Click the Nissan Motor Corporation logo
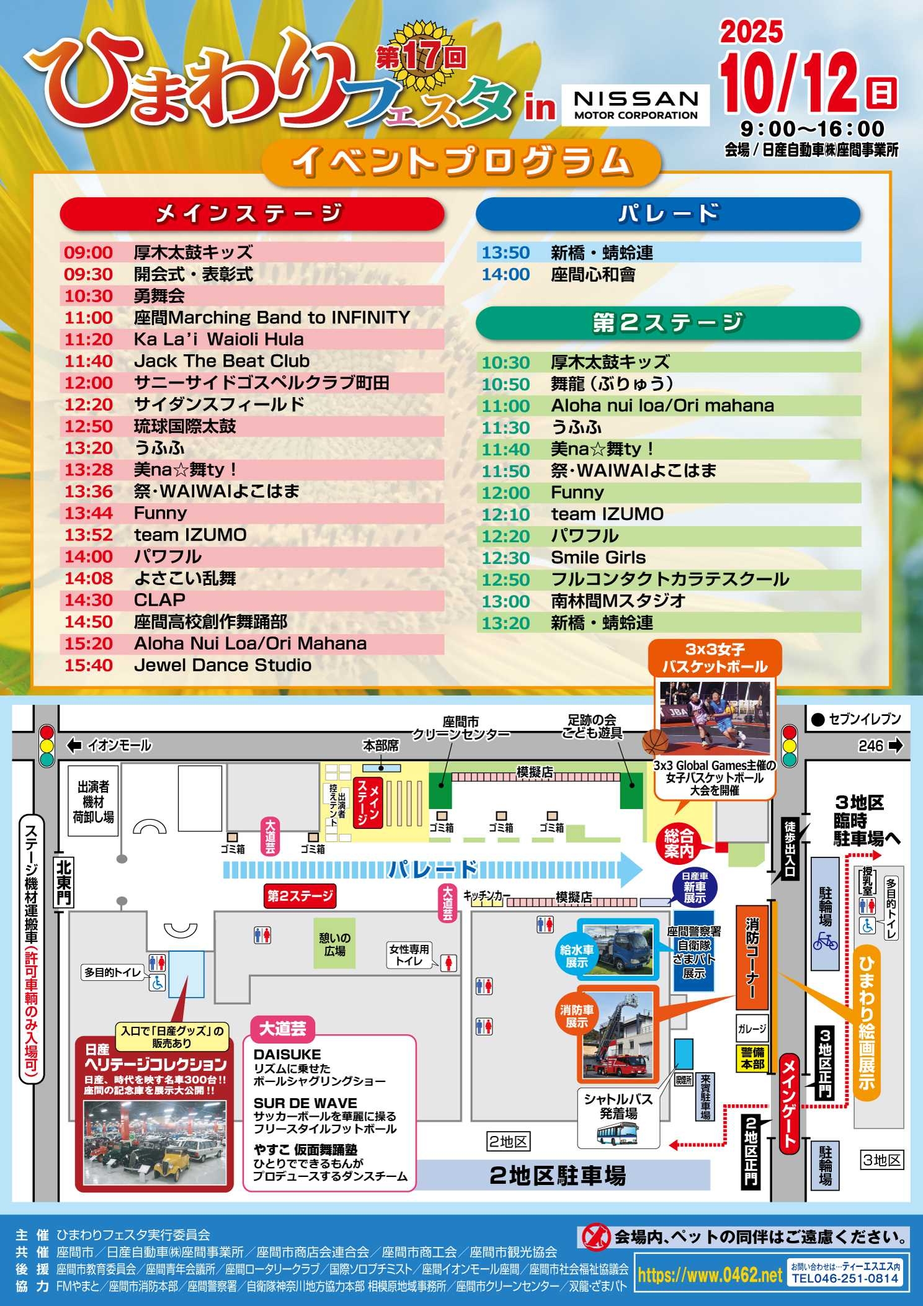[x=636, y=105]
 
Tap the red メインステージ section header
[x=252, y=214]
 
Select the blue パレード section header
[x=668, y=214]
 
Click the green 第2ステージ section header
[x=668, y=323]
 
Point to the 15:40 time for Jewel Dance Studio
[x=89, y=665]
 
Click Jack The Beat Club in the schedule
[x=221, y=361]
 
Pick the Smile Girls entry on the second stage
[x=598, y=558]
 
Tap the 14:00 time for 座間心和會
[x=506, y=275]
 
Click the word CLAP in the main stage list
[x=159, y=600]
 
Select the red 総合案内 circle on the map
[x=679, y=843]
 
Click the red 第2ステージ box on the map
[x=300, y=895]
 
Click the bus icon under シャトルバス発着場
[x=617, y=1135]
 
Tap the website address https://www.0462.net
[x=710, y=1275]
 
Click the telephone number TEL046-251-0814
[x=844, y=1279]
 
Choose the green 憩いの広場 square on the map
[x=334, y=944]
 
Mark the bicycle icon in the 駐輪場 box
[x=825, y=941]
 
